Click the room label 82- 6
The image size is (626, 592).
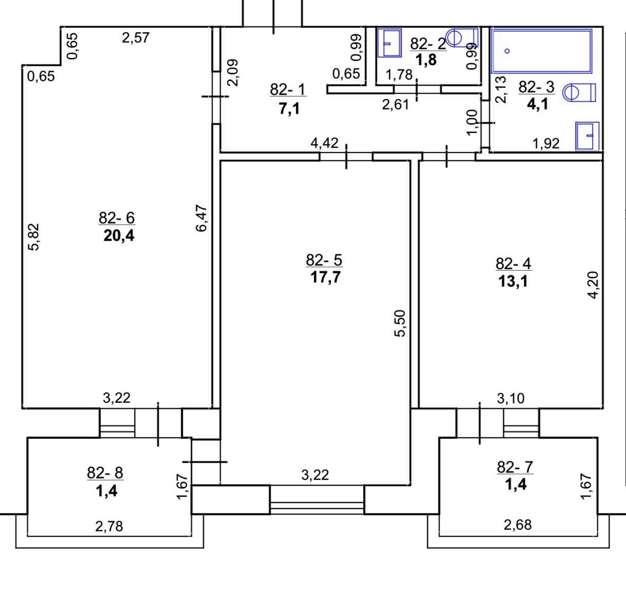(117, 218)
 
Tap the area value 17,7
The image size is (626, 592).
(326, 278)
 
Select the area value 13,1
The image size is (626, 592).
(513, 282)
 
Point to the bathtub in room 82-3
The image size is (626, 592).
(542, 51)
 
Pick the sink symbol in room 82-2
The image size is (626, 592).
(389, 43)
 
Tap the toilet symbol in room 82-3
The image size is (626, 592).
(579, 92)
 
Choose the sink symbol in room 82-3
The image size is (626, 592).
(587, 136)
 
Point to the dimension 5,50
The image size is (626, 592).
(401, 323)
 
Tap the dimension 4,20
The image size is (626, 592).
(593, 285)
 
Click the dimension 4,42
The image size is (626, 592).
(325, 142)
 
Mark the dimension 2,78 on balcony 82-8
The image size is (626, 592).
(109, 526)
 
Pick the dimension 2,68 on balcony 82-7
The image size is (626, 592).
(518, 525)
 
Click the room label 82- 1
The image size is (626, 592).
(288, 89)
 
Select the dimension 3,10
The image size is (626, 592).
(511, 398)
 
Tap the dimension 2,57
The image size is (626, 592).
(136, 38)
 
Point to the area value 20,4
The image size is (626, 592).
(119, 236)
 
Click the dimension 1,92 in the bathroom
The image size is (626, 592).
(546, 143)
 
